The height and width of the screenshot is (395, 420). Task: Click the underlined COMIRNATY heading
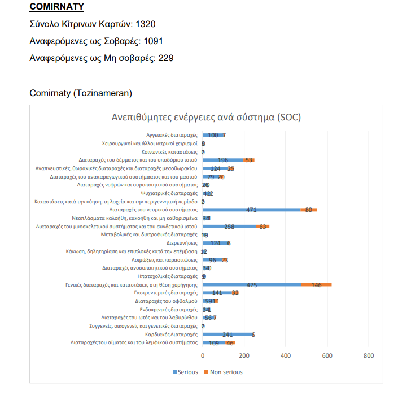56,7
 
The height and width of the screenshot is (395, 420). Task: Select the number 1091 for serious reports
154,41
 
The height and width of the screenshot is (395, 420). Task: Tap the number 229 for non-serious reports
163,58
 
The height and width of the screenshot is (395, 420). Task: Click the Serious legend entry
185,372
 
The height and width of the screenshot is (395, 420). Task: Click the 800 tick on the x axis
368,355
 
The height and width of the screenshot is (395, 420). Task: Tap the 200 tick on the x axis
244,355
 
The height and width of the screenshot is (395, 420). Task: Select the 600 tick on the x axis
327,355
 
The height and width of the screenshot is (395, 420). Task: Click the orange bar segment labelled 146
316,285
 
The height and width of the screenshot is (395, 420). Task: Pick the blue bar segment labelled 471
251,210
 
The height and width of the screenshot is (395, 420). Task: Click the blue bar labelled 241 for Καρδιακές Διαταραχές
228,334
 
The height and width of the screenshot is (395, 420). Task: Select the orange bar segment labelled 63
262,226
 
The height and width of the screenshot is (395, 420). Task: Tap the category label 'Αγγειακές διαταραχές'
172,136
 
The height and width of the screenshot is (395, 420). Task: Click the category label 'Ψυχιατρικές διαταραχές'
169,193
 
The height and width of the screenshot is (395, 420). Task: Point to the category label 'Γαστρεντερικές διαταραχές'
165,293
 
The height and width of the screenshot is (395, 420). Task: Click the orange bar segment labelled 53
249,160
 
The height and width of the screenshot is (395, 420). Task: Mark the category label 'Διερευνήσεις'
181,242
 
